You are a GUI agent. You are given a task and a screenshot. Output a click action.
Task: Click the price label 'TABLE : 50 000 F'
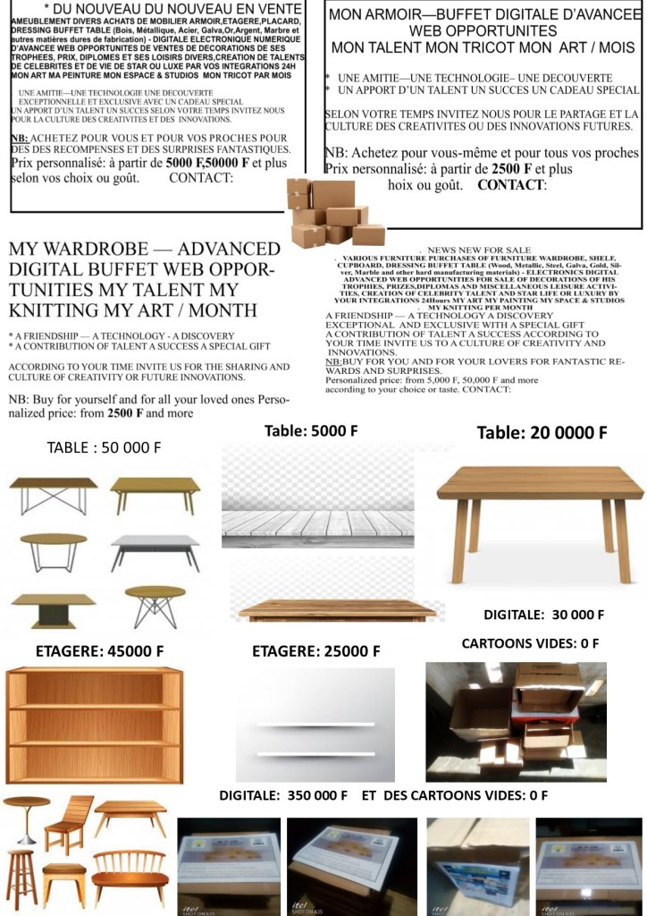(x=104, y=447)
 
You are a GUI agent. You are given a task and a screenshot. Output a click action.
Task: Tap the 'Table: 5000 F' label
(x=311, y=431)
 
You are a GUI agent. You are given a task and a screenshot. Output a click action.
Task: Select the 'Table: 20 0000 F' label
(x=542, y=433)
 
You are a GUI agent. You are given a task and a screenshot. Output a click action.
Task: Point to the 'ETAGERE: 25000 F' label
(x=316, y=651)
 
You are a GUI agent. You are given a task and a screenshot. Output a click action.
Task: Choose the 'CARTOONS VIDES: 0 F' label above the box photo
(x=530, y=643)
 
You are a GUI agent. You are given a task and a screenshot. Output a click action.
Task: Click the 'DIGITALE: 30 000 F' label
(x=543, y=615)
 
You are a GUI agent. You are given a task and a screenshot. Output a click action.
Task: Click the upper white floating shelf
(x=315, y=723)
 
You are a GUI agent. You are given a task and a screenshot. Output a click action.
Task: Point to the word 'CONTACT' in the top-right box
(x=511, y=185)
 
